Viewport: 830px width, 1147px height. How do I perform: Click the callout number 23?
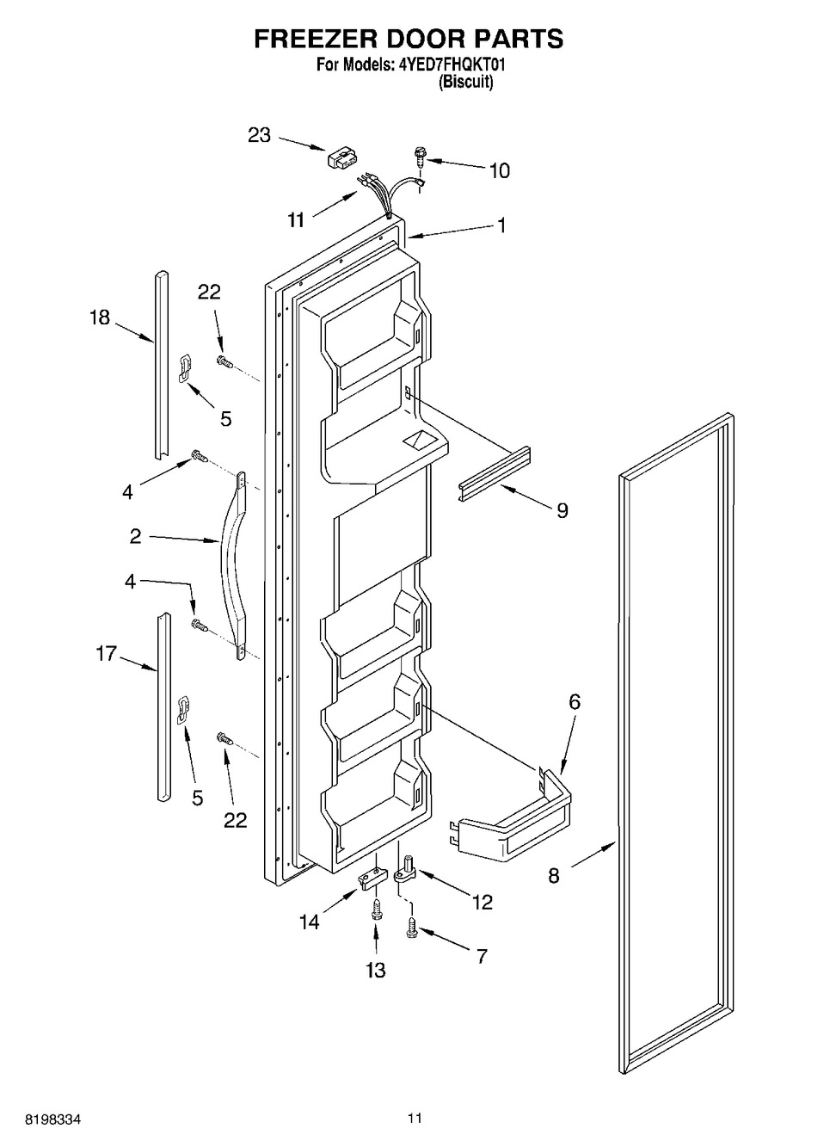coord(259,135)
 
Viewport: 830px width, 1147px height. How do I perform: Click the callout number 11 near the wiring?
coord(296,220)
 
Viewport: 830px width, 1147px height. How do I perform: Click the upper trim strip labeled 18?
coord(161,365)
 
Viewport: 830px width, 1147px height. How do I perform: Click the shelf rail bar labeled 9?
coord(495,474)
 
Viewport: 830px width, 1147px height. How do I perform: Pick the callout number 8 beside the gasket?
coord(554,875)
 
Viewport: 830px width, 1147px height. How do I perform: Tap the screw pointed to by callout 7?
coord(412,928)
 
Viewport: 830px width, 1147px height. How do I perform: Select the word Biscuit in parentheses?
coord(465,82)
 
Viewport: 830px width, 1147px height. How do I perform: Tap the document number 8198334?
coord(53,1119)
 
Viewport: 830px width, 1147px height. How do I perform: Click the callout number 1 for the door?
coord(501,225)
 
